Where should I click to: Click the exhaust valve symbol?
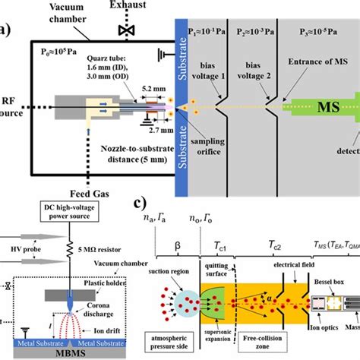[121, 30]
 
